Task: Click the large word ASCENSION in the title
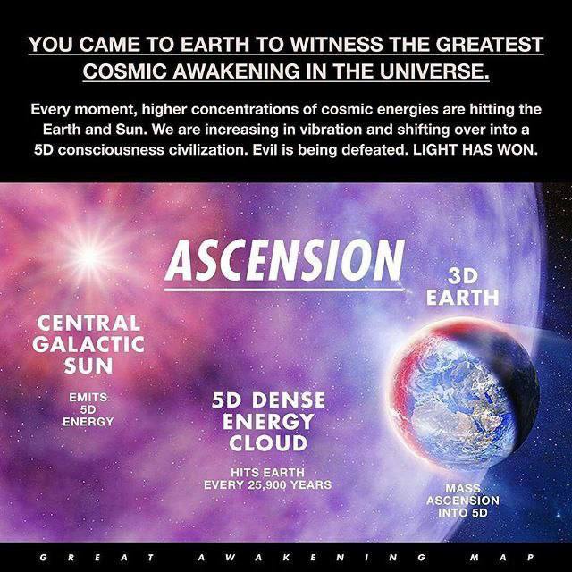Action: point(284,260)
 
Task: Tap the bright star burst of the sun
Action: point(88,257)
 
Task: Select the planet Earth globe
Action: point(464,394)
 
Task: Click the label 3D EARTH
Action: point(462,287)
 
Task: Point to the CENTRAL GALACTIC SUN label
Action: point(88,344)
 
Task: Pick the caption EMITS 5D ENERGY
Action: point(88,409)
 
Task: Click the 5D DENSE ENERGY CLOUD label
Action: point(268,421)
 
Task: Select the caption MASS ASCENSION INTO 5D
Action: point(463,500)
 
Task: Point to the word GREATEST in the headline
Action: point(490,44)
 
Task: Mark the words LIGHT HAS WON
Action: point(475,150)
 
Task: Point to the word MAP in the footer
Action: point(502,558)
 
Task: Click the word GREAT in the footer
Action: point(97,558)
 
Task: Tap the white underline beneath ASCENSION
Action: point(283,290)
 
